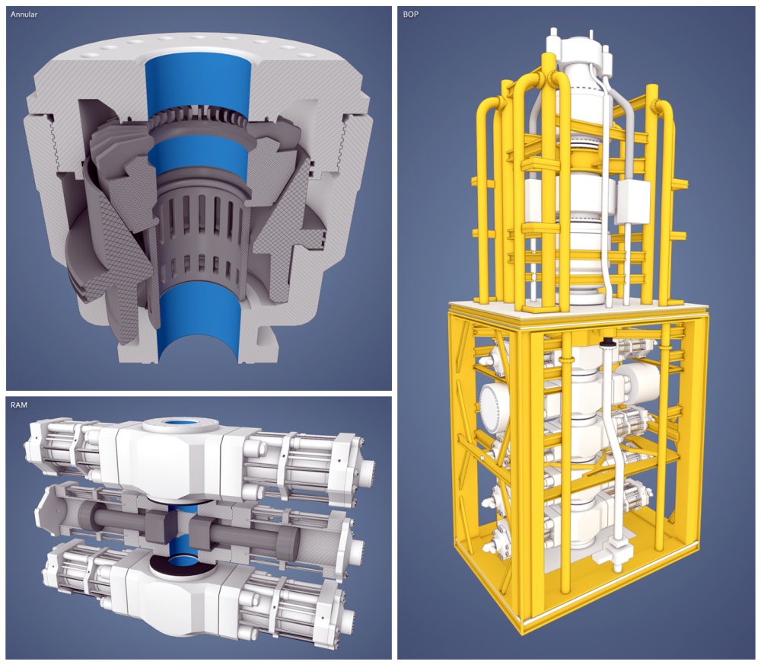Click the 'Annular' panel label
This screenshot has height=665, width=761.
[x=24, y=14]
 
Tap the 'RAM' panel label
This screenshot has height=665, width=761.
[x=19, y=405]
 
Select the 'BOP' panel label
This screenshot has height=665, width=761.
[x=411, y=14]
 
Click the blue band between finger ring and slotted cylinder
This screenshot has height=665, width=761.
[x=199, y=155]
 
